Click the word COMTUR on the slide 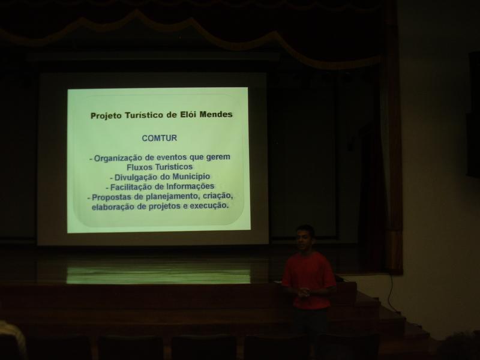point(159,138)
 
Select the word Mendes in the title point(216,115)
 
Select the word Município point(191,176)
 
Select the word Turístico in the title point(144,115)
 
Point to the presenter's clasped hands point(304,292)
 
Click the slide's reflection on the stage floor point(158,275)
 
